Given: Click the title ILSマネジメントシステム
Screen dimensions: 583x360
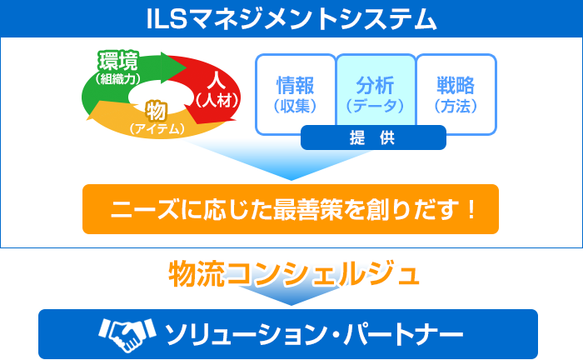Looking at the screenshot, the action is pyautogui.click(x=291, y=19).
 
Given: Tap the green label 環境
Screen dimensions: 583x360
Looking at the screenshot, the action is pyautogui.click(x=118, y=61).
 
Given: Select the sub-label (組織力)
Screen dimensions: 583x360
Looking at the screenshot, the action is pyautogui.click(x=118, y=78).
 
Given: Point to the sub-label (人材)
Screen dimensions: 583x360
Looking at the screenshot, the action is pyautogui.click(x=217, y=100).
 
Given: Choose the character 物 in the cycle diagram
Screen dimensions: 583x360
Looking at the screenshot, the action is pyautogui.click(x=157, y=111).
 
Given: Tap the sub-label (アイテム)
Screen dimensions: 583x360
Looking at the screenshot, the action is pyautogui.click(x=157, y=128).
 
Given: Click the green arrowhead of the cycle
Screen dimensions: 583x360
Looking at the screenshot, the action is pyautogui.click(x=173, y=67).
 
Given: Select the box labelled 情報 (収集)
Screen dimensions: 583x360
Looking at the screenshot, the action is pyautogui.click(x=296, y=94).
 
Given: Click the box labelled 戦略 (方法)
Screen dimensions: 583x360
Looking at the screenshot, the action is pyautogui.click(x=456, y=94).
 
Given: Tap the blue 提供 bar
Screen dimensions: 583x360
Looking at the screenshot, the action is pyautogui.click(x=373, y=137).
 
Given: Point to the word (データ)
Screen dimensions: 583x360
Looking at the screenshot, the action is pyautogui.click(x=375, y=106).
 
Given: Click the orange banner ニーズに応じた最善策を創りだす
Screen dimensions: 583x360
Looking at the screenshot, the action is pyautogui.click(x=291, y=209).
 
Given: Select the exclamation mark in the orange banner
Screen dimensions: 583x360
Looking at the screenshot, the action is pyautogui.click(x=472, y=209).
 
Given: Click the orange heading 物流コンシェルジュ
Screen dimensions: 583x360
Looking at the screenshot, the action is pyautogui.click(x=294, y=274).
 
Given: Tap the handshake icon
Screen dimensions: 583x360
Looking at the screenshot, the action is pyautogui.click(x=127, y=334).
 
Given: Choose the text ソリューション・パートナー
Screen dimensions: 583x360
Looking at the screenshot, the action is pyautogui.click(x=314, y=334).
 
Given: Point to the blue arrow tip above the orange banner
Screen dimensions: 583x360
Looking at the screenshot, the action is pyautogui.click(x=291, y=180).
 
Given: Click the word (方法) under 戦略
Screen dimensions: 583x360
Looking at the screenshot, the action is pyautogui.click(x=456, y=106).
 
